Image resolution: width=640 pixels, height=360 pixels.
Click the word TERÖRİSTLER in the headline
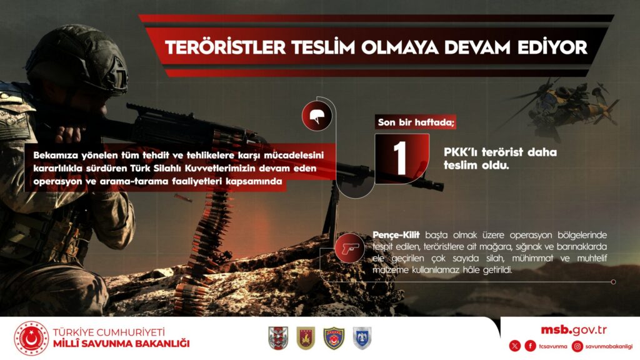point(225,47)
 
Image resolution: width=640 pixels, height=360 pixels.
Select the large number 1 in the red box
point(401,158)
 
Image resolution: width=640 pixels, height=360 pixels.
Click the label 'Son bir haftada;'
point(416,122)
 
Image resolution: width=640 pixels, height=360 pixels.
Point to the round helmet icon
point(317,116)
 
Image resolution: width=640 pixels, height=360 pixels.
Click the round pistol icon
point(349,247)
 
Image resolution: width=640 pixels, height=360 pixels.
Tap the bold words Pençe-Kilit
point(396,235)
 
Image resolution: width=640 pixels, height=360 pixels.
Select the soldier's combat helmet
point(77,59)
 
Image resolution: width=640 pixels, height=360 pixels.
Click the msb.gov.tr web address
point(574,330)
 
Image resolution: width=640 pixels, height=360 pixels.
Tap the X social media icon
point(515,346)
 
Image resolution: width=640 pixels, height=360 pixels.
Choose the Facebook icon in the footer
point(530,346)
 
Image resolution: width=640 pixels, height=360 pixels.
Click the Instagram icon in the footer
point(577,346)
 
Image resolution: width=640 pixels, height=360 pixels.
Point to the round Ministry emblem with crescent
point(31,338)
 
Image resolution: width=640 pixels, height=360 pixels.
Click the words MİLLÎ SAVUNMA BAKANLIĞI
point(121,344)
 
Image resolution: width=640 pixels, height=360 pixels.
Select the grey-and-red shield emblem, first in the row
point(278,338)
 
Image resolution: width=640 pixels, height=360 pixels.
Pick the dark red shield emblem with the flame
point(306,338)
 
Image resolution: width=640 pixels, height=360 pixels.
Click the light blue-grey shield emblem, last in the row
point(362,338)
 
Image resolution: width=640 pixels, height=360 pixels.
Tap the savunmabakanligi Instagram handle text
point(609,346)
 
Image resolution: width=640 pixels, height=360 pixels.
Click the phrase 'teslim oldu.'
point(476,165)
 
